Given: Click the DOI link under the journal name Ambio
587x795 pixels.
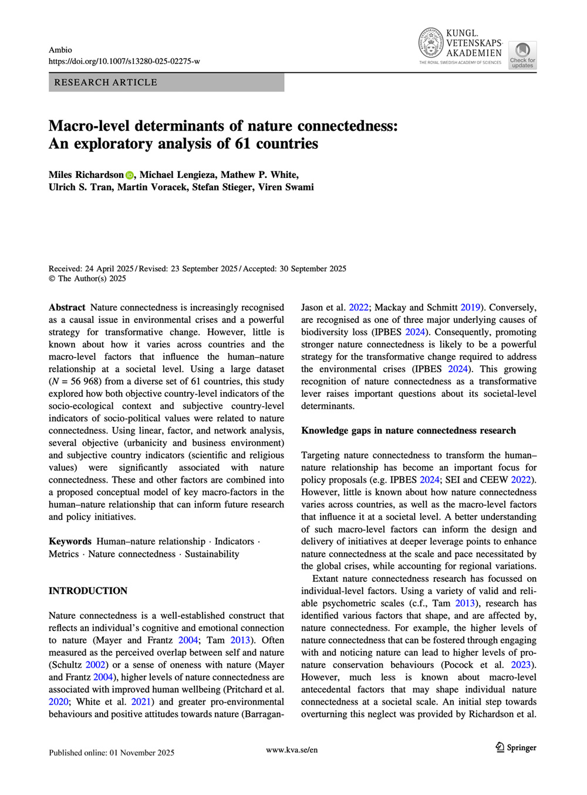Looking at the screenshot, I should point(124,61).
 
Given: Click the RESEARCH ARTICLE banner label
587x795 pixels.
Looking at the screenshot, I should point(106,82).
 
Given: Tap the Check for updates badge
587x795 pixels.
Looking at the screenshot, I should point(522,55).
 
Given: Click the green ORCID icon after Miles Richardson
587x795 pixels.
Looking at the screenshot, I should point(130,175).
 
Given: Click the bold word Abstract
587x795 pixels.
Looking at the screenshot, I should point(67,307).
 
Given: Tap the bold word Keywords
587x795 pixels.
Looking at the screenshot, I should point(70,541).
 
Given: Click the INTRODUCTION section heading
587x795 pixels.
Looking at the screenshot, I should point(88,591).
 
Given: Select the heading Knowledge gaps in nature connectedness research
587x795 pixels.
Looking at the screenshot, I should point(409,430).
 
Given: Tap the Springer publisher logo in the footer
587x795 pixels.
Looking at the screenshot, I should point(516,747).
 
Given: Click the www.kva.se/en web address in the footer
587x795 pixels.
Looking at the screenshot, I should point(292,750).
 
